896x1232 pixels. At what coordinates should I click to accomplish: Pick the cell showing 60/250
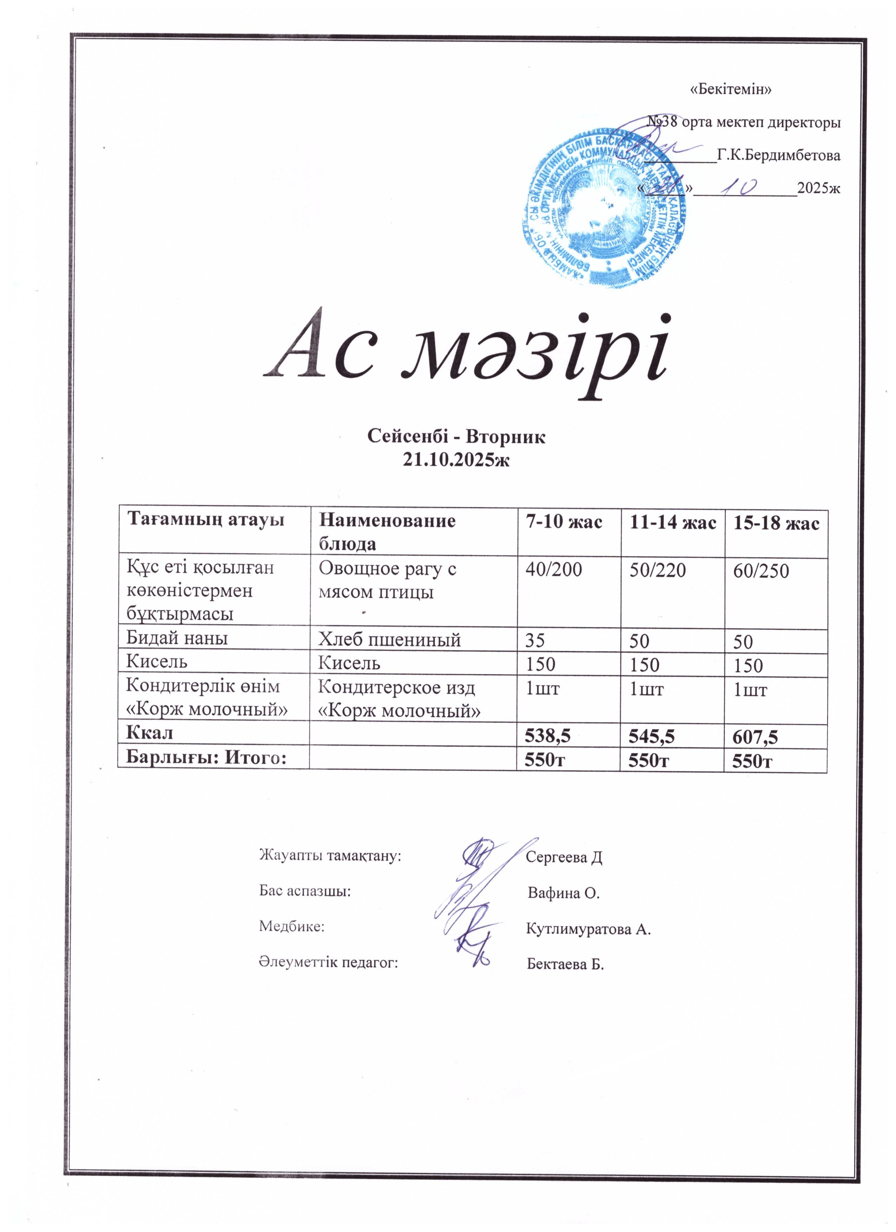coord(761,571)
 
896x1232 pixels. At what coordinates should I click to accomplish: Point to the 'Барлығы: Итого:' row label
coord(206,758)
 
